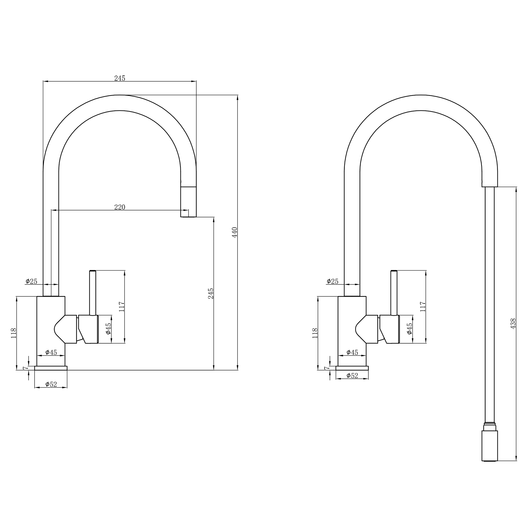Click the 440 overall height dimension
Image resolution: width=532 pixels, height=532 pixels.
pos(235,232)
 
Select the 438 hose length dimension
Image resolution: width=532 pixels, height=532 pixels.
pos(513,324)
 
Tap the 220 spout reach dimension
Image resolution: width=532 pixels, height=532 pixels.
pos(119,207)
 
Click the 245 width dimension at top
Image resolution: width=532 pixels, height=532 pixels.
pos(119,78)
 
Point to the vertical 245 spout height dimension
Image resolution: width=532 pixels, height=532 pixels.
pos(211,293)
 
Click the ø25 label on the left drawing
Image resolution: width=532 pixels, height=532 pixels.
pos(32,281)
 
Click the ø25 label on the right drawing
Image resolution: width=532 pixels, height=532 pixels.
pos(333,281)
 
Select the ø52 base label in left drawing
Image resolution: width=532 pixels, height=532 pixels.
pos(51,384)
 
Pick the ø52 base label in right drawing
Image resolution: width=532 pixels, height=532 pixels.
pos(352,376)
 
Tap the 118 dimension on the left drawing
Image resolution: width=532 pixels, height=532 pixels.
pos(14,333)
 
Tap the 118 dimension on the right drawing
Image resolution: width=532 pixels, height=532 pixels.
pos(315,333)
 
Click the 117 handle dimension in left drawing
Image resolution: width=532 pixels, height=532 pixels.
pos(122,307)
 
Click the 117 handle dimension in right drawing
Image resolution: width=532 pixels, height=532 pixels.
pos(423,307)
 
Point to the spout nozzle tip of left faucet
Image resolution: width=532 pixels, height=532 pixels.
pos(188,201)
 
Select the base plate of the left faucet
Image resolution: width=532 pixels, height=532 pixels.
pos(51,368)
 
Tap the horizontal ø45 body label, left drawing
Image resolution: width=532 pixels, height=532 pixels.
pos(51,352)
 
